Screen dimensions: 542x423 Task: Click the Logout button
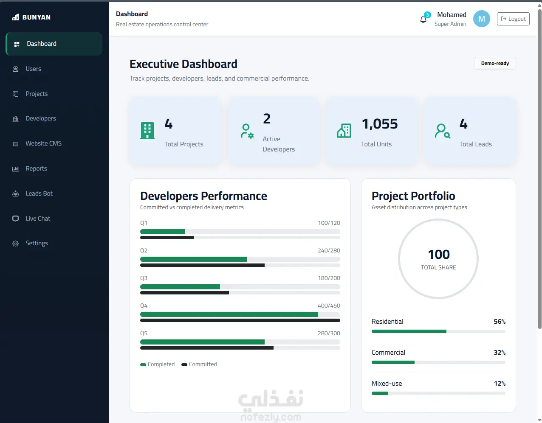pyautogui.click(x=513, y=19)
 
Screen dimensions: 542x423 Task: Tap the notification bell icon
pyautogui.click(x=423, y=19)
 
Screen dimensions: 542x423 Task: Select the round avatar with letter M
pyautogui.click(x=481, y=19)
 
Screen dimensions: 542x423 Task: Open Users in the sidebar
pyautogui.click(x=33, y=69)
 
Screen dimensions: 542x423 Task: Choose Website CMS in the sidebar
pyautogui.click(x=43, y=143)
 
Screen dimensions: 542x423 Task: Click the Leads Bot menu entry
pyautogui.click(x=39, y=193)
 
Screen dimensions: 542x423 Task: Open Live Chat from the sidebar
pyautogui.click(x=38, y=219)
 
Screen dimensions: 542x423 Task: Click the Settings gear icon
pyautogui.click(x=15, y=244)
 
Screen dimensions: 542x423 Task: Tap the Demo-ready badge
pyautogui.click(x=495, y=63)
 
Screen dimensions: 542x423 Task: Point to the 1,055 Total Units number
pyautogui.click(x=380, y=124)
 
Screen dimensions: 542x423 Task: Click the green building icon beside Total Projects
pyautogui.click(x=147, y=131)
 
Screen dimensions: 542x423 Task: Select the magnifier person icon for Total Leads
pyautogui.click(x=442, y=131)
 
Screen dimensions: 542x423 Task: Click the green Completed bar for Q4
pyautogui.click(x=229, y=314)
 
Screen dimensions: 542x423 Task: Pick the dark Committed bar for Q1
pyautogui.click(x=167, y=238)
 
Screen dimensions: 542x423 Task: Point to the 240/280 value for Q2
pyautogui.click(x=329, y=250)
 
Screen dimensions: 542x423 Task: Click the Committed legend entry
pyautogui.click(x=199, y=364)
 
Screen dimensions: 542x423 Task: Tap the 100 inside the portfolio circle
pyautogui.click(x=439, y=254)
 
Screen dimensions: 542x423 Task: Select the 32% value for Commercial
pyautogui.click(x=500, y=353)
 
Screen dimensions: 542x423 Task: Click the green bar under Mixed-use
pyautogui.click(x=380, y=393)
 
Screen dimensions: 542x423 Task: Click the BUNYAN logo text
pyautogui.click(x=37, y=17)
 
